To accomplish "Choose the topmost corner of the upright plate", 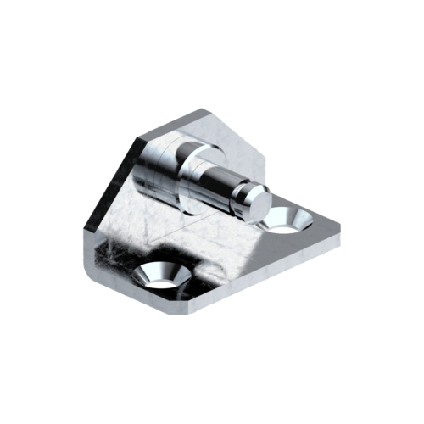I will pos(204,108).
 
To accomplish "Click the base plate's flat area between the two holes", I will pos(225,246).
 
